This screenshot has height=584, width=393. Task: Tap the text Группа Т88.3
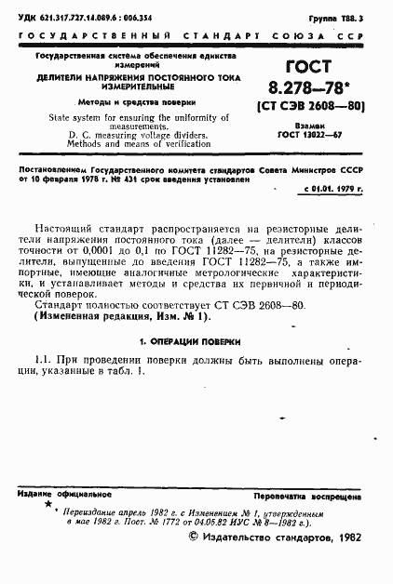pos(360,18)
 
